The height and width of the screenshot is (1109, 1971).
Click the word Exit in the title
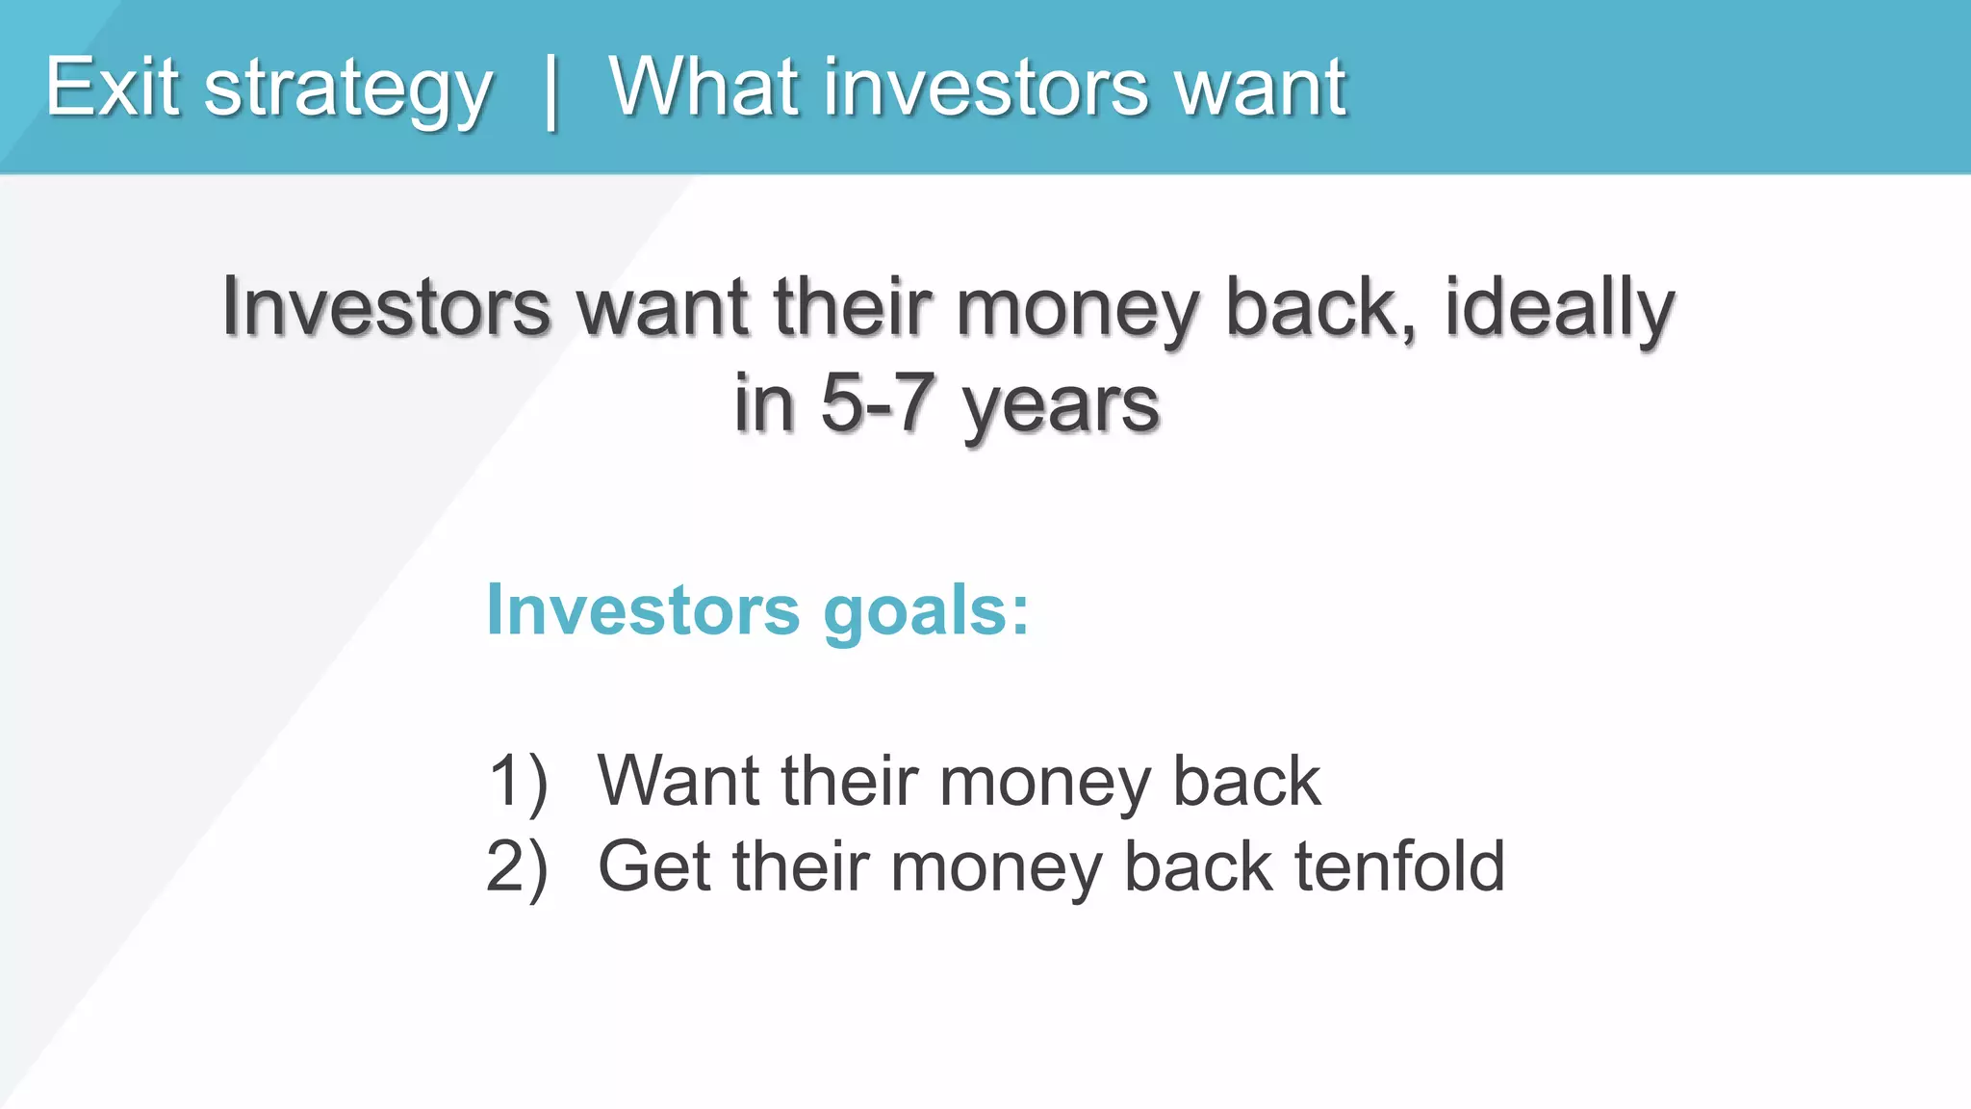(112, 88)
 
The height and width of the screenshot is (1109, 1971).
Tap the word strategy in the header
(347, 91)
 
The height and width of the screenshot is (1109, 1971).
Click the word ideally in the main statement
(1559, 308)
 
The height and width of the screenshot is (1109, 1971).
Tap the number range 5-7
(877, 403)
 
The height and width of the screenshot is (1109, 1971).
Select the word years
(1061, 407)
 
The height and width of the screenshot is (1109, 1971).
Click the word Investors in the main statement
(386, 308)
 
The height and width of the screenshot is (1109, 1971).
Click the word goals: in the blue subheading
(926, 612)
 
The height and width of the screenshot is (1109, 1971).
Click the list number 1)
(518, 781)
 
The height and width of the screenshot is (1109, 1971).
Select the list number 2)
(517, 867)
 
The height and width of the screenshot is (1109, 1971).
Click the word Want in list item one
(678, 781)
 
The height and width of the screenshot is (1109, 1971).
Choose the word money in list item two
(995, 869)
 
